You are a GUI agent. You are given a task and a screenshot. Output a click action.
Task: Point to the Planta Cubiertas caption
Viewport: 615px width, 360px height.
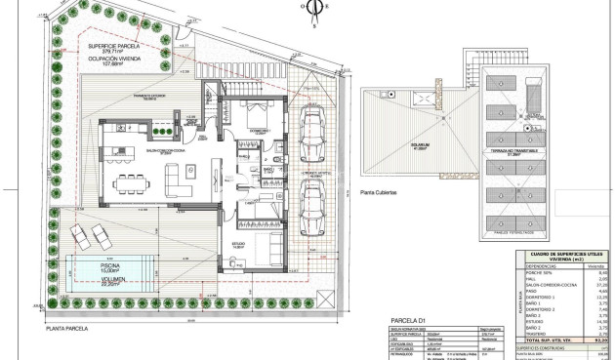tap(379, 193)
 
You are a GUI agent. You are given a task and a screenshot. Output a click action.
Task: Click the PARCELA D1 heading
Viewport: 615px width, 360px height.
tap(409, 319)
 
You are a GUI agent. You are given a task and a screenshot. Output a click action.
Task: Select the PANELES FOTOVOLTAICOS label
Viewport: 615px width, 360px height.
tap(500, 233)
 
